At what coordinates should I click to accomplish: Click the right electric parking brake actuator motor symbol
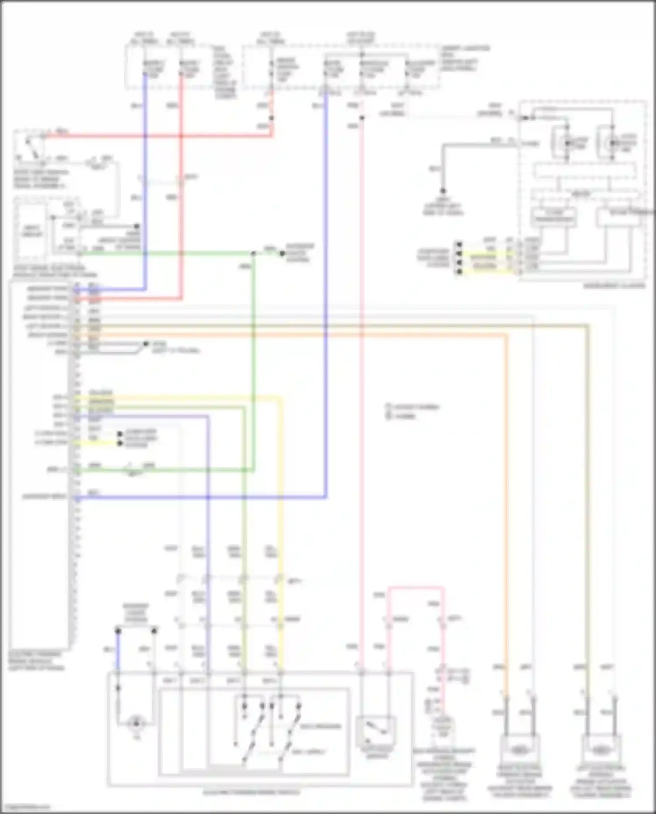coord(519,750)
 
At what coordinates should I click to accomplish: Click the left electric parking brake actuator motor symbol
coord(600,750)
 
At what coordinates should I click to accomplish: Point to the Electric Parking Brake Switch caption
coord(251,793)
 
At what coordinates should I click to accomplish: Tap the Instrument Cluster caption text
coord(614,286)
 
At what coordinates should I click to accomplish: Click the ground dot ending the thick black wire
coord(443,191)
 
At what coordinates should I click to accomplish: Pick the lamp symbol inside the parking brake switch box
coord(136,723)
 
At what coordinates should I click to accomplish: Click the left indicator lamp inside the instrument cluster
coord(567,143)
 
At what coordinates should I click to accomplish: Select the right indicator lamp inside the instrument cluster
coord(614,143)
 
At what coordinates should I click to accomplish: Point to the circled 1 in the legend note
coord(387,407)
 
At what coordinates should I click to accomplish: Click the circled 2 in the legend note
coord(387,416)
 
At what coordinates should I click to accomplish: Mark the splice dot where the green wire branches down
coord(253,253)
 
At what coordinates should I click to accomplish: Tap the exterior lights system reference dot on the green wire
coord(282,253)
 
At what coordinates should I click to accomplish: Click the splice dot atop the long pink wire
coord(362,118)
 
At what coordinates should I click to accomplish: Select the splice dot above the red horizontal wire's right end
coord(271,118)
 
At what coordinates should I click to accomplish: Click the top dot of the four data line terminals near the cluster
coord(459,244)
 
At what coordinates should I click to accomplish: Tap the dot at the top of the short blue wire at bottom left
coord(118,630)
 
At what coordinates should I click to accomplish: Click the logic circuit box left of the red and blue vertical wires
coord(31,231)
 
